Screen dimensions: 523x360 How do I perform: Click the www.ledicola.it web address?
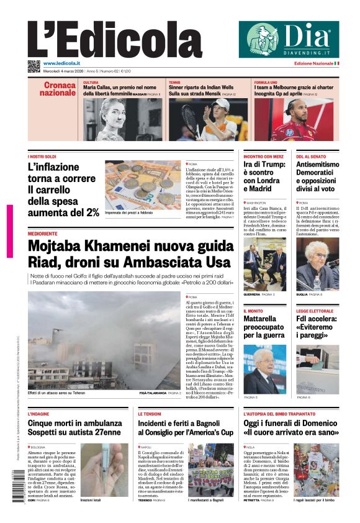point(61,63)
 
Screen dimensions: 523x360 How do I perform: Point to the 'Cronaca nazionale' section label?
point(58,89)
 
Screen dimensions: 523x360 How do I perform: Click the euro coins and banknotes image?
point(143,184)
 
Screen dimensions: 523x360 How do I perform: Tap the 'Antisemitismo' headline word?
point(317,165)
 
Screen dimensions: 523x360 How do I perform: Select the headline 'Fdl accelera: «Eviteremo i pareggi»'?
point(317,327)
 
